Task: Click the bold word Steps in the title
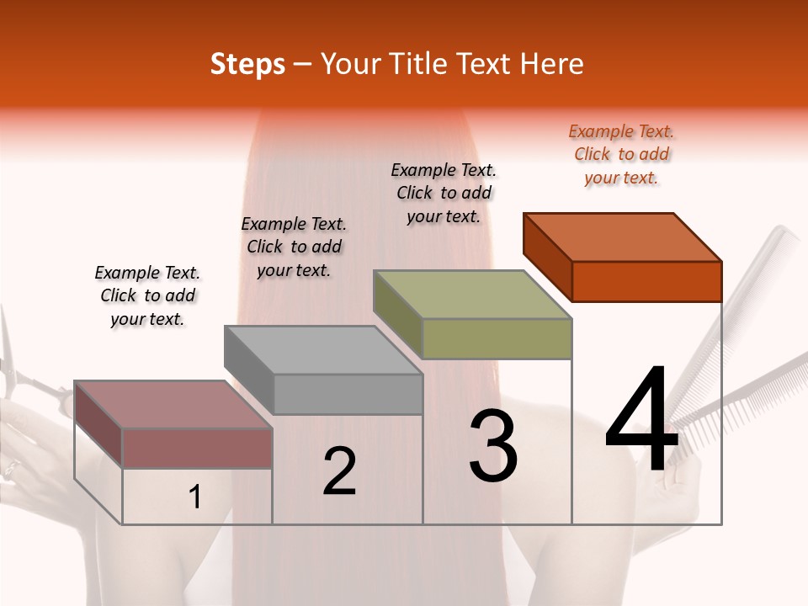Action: click(x=247, y=64)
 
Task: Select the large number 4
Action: click(x=641, y=420)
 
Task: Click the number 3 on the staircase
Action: click(x=493, y=446)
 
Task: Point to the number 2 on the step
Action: click(x=339, y=471)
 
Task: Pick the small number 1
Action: click(x=194, y=497)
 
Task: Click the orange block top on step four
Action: click(x=623, y=237)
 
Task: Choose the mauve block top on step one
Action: click(x=173, y=405)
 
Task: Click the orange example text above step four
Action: click(x=621, y=155)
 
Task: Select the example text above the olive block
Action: click(x=444, y=193)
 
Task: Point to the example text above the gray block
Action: click(x=294, y=247)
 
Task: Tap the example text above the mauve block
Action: click(x=147, y=295)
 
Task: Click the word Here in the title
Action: click(x=554, y=64)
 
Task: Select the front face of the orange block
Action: click(x=646, y=281)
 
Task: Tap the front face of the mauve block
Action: click(x=197, y=448)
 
